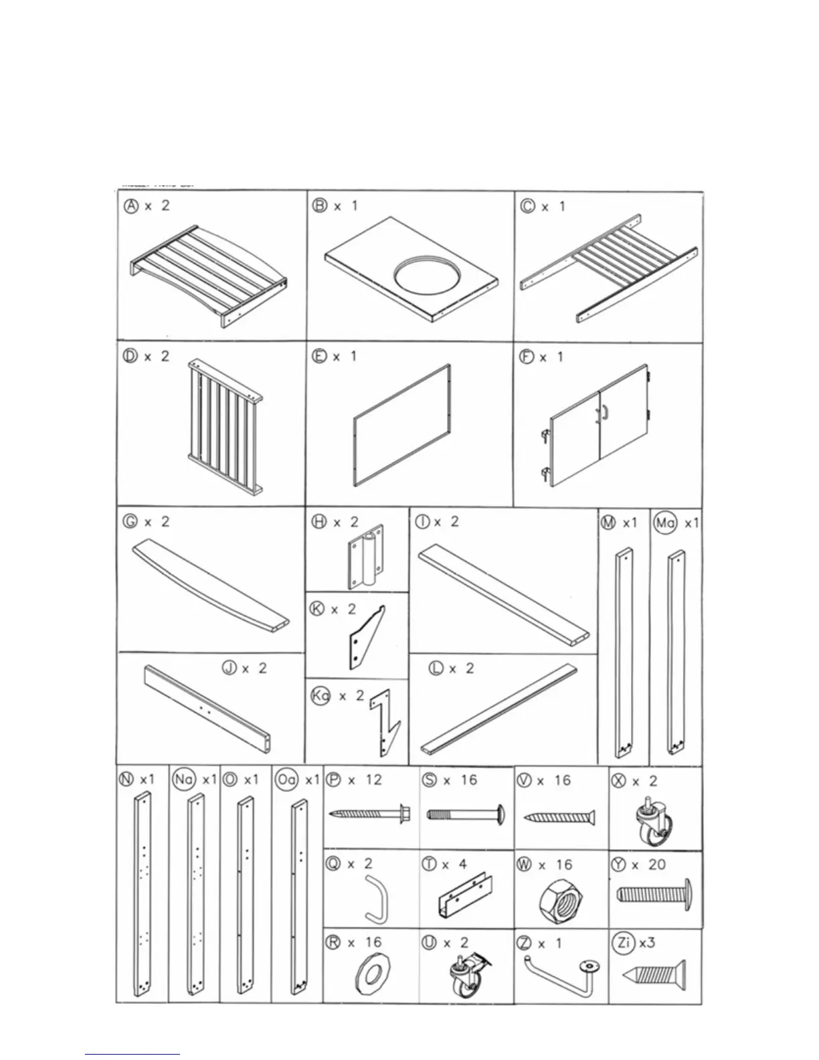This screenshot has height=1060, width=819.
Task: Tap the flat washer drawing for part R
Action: [x=369, y=982]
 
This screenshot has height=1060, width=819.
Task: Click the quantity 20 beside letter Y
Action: [x=656, y=865]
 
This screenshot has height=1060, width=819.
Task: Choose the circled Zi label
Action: [x=624, y=943]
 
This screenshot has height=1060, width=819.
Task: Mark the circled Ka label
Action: [x=321, y=696]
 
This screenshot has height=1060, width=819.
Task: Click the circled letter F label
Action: [x=527, y=357]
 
